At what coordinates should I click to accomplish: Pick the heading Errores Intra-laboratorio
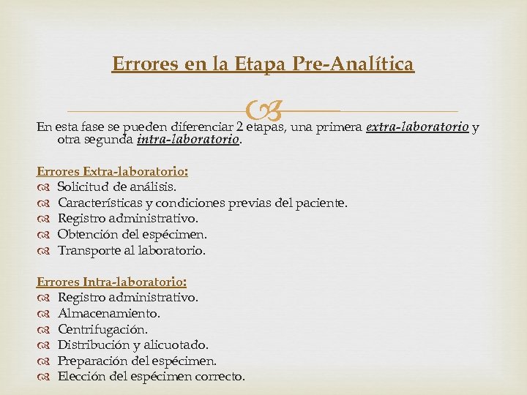(x=111, y=281)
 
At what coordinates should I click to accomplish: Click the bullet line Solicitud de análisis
(x=116, y=186)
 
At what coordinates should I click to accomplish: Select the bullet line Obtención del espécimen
(x=132, y=234)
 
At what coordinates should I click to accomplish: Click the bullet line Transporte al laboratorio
(x=132, y=250)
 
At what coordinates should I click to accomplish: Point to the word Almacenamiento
(x=109, y=313)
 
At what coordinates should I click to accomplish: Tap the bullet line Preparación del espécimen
(x=137, y=361)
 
